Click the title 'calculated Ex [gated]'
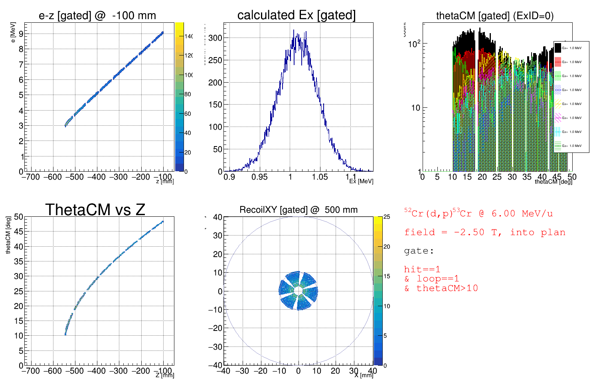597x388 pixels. tap(296, 15)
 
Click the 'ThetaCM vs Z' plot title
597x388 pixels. tap(95, 210)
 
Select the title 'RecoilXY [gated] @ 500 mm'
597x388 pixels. tap(298, 210)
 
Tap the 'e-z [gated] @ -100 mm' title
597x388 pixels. tap(97, 16)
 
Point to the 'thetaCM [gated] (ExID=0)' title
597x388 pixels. tap(495, 16)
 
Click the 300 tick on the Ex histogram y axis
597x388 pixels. tap(215, 38)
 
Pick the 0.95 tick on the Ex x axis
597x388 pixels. tap(259, 177)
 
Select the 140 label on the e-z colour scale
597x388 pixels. tap(188, 36)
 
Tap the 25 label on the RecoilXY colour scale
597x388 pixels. tap(386, 217)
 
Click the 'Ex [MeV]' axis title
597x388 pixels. tap(361, 181)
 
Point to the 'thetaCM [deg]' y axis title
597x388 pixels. tap(8, 235)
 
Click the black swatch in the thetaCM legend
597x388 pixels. tap(558, 48)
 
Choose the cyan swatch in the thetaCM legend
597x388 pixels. tap(558, 132)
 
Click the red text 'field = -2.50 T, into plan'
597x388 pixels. tap(484, 232)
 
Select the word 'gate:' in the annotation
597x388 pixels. tap(419, 251)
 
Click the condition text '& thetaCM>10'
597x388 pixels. tap(441, 288)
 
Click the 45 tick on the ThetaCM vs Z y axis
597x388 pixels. tap(19, 232)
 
